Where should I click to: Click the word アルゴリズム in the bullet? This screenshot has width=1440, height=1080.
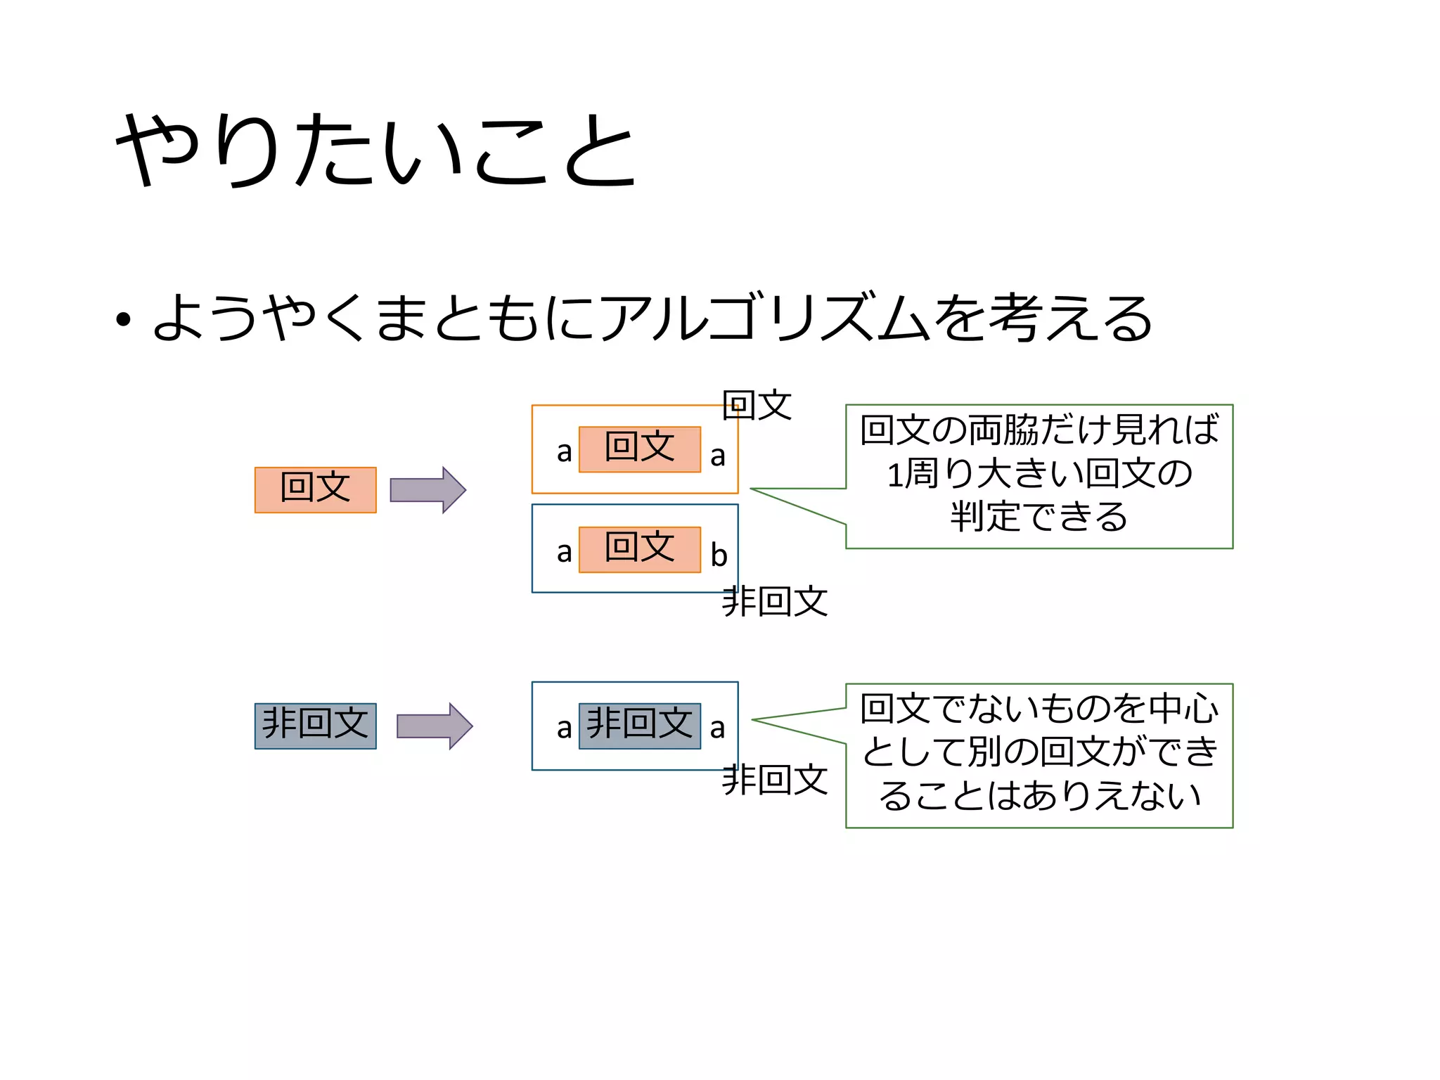click(x=766, y=318)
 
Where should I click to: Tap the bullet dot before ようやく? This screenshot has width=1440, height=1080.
click(x=124, y=321)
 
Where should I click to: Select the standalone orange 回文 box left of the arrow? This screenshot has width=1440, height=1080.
click(x=315, y=489)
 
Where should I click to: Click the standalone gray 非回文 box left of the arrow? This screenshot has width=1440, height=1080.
click(x=315, y=726)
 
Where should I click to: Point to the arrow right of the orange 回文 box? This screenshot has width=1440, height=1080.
click(x=427, y=489)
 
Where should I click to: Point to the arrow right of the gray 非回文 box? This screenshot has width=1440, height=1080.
click(x=435, y=726)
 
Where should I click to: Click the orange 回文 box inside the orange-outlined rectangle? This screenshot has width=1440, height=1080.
click(x=639, y=449)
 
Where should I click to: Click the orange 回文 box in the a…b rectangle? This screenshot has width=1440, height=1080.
click(x=639, y=549)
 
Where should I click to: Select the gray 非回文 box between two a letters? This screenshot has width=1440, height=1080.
click(x=639, y=726)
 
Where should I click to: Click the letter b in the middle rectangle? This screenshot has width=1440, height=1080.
click(x=718, y=555)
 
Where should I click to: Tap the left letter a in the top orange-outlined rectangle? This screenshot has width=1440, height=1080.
click(x=564, y=452)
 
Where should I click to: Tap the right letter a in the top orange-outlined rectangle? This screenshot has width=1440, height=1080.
click(x=717, y=456)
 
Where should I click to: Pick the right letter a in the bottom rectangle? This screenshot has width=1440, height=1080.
click(x=717, y=728)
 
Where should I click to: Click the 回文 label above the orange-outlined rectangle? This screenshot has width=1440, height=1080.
click(x=757, y=405)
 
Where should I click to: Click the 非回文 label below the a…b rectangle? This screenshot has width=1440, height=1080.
click(x=774, y=602)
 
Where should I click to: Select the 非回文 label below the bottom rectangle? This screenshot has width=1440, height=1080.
click(x=774, y=780)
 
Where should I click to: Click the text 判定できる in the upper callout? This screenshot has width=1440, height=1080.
click(x=1039, y=517)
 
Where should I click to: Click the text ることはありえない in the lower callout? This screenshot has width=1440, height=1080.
click(x=1039, y=796)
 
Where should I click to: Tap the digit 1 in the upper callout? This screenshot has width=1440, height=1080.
click(x=894, y=475)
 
